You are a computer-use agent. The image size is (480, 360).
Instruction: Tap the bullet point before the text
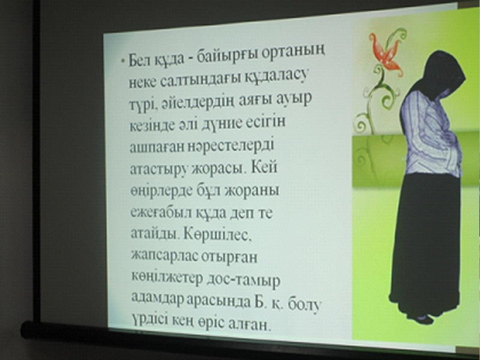[123, 61]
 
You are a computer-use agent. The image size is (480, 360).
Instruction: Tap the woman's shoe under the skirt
[424, 319]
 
